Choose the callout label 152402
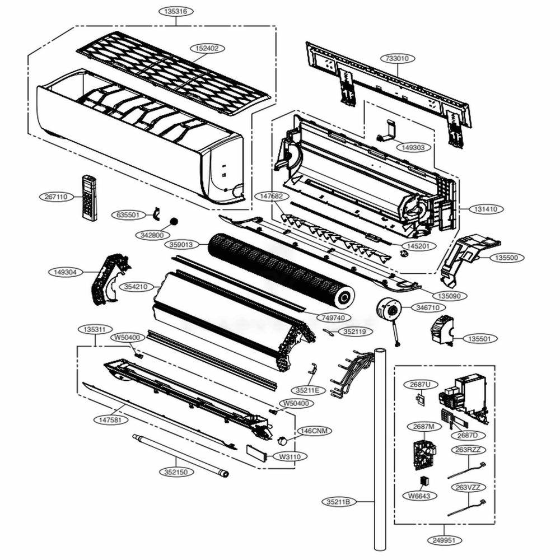(x=207, y=49)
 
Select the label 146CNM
(x=314, y=431)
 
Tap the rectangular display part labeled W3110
(x=258, y=453)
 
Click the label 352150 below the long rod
(x=177, y=472)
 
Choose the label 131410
(x=486, y=209)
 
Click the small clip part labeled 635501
(x=156, y=213)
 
